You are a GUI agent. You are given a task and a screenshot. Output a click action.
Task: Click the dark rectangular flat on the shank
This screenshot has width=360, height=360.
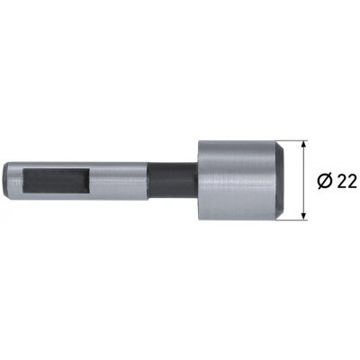[57, 180]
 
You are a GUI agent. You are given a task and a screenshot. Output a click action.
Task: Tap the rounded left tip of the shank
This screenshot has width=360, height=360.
[4, 181]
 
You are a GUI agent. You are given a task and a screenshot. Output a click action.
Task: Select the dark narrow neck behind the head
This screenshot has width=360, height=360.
[173, 181]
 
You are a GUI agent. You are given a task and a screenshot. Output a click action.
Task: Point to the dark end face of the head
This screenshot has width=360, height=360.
[280, 180]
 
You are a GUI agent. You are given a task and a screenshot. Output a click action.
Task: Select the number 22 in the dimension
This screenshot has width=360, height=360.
[346, 181]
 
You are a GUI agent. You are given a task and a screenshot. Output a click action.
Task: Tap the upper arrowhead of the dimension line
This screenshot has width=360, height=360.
[304, 144]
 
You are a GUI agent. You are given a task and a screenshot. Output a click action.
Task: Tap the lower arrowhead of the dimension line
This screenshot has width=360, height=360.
[304, 216]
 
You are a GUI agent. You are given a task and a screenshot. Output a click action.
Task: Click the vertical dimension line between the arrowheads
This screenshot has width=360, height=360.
[304, 180]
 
